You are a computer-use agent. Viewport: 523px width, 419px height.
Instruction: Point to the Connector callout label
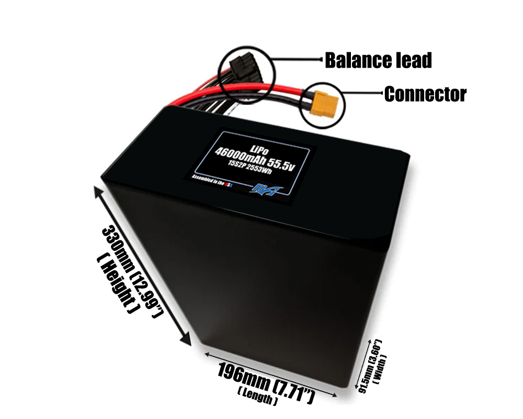click(x=425, y=94)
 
